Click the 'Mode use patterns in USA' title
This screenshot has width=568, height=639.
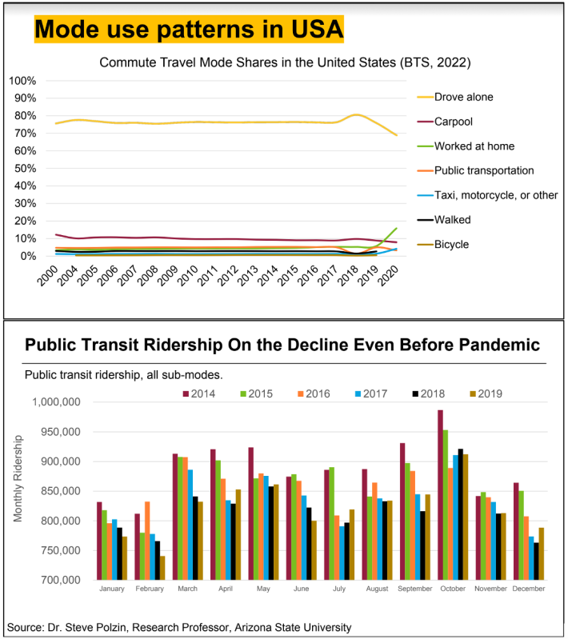(189, 30)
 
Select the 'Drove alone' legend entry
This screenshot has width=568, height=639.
(463, 97)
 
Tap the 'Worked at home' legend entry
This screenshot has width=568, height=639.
(474, 146)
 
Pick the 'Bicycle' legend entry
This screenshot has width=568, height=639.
(451, 244)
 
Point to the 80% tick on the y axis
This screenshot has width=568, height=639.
(22, 116)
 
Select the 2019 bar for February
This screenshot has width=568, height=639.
(162, 568)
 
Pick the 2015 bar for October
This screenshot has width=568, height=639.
(446, 505)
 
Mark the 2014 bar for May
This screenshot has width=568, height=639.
(251, 513)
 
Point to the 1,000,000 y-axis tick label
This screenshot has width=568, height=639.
(55, 402)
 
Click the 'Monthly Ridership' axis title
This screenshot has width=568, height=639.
(18, 477)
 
